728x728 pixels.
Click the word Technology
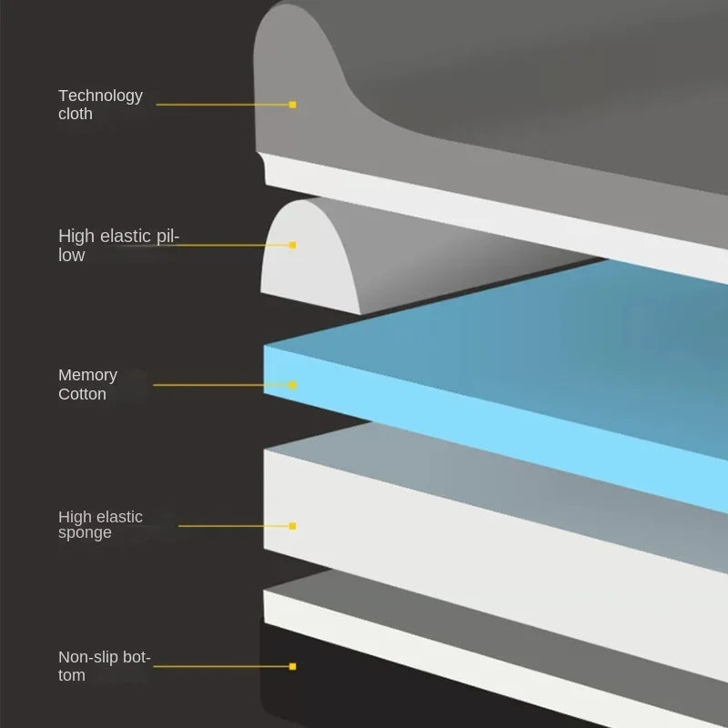tap(100, 96)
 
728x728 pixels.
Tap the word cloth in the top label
tap(76, 115)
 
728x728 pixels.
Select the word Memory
tap(87, 375)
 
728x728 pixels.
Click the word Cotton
tap(82, 394)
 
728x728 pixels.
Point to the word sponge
tap(85, 533)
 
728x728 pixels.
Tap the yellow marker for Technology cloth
tap(292, 105)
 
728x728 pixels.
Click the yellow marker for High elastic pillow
tap(292, 245)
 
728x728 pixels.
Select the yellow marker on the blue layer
tap(292, 385)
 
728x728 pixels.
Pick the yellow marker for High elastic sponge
tap(292, 526)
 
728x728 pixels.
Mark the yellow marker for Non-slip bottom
tap(292, 666)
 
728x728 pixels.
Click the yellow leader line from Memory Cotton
tap(218, 385)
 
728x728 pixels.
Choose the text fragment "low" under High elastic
tap(72, 256)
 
